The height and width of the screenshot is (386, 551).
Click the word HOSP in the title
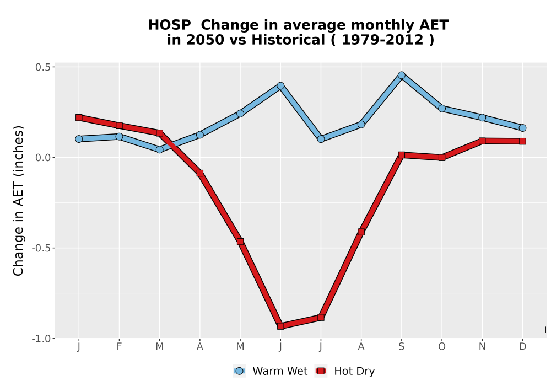click(x=169, y=25)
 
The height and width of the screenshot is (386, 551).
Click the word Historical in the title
click(x=288, y=40)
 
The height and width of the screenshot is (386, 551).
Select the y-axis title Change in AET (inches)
click(x=18, y=201)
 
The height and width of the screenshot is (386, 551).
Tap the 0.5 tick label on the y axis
click(x=43, y=67)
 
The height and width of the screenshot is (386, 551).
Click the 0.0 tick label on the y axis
click(x=43, y=158)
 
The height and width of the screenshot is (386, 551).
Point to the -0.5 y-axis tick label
click(x=41, y=248)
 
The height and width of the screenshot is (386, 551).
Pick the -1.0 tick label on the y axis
click(x=41, y=339)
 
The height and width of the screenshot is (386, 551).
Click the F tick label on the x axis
click(x=119, y=347)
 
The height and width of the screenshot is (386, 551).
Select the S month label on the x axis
click(x=401, y=347)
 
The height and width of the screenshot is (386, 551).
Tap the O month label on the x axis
click(x=442, y=347)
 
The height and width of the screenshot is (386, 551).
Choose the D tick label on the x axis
click(x=522, y=347)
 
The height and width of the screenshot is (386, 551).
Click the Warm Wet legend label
click(x=280, y=371)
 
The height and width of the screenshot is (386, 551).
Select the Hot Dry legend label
click(x=354, y=371)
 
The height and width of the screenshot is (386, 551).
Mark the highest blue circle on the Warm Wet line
click(x=401, y=75)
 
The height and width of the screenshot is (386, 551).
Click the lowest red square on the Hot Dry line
click(x=280, y=326)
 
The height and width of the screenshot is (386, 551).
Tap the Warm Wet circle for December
click(x=522, y=128)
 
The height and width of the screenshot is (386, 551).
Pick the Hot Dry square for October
click(x=442, y=158)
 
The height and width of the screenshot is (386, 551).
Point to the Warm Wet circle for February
click(x=119, y=136)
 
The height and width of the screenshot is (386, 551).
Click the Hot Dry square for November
click(x=482, y=141)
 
